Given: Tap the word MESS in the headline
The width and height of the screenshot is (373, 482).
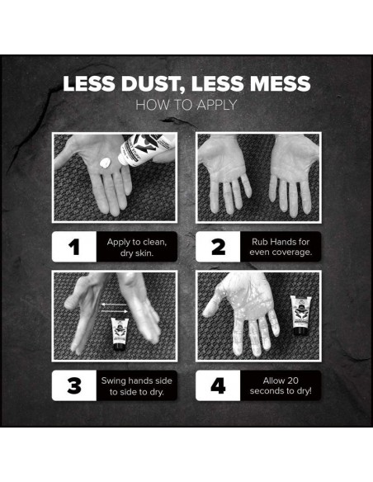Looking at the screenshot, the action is [281, 83].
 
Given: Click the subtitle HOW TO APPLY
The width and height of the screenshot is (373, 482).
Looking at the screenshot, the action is [186, 105].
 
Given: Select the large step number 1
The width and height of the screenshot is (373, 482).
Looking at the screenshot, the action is [74, 247].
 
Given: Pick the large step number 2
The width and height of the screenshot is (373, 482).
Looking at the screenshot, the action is [218, 247].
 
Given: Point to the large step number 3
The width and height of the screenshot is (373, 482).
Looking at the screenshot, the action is [74, 385].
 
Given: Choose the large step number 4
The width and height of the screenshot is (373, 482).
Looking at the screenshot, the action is [218, 385].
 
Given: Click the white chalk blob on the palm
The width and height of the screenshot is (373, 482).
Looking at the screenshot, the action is [105, 163].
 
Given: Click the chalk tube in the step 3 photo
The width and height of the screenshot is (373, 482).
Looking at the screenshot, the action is [120, 334].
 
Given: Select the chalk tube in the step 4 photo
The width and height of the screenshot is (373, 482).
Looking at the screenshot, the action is [301, 315].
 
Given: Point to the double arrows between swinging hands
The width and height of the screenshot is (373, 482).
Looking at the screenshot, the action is [115, 308].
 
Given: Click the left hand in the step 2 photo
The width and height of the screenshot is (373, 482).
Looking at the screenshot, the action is [224, 173].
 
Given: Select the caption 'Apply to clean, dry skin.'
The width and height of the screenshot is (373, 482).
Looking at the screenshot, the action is [137, 248].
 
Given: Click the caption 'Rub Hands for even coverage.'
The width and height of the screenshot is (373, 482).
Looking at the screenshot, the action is [281, 247].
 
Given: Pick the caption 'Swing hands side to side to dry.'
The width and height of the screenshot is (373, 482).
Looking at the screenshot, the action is [137, 386].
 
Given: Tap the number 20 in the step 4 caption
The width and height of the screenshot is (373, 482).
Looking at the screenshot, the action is [291, 380].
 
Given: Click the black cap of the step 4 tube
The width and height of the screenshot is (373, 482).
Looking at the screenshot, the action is [301, 331].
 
